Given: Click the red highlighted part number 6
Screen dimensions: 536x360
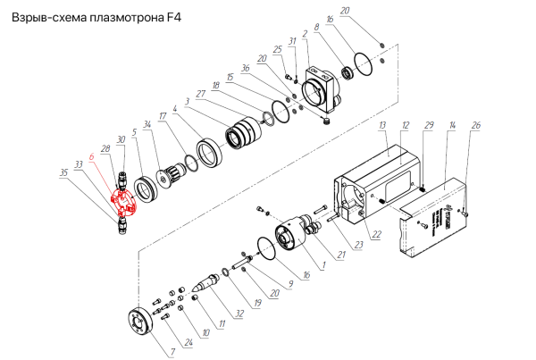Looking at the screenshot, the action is pos(123,204).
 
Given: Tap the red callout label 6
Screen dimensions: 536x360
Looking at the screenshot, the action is pos(91,157).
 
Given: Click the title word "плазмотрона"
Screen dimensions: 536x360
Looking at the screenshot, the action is pos(127,18).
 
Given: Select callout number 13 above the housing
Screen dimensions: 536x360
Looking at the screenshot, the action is pos(382,125).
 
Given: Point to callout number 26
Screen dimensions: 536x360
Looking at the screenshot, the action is pos(476,125).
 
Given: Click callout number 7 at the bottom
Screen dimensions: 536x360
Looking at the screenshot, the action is pos(173,352).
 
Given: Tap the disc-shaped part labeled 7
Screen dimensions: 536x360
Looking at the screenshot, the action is pos(139,323).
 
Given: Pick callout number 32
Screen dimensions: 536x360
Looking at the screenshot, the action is pos(239,314).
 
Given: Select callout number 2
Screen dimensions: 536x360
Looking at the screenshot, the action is pos(305,34).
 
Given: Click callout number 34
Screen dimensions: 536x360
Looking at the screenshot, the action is pos(147,124).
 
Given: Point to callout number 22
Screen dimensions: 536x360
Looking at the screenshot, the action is pos(376,234).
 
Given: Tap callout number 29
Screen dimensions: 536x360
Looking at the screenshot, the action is pos(429,125).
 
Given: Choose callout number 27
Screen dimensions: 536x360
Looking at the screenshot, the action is pos(200,94).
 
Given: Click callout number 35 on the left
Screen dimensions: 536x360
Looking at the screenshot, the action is pos(63,172).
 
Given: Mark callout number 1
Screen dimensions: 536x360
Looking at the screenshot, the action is pos(324,265).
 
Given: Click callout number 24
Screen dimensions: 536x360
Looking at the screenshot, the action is pos(188,342).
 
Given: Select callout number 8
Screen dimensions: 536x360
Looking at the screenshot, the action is pos(316,27).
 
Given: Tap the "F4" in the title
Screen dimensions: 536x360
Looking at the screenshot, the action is pos(174,18).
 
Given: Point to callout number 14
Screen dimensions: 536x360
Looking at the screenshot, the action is pos(452,125).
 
